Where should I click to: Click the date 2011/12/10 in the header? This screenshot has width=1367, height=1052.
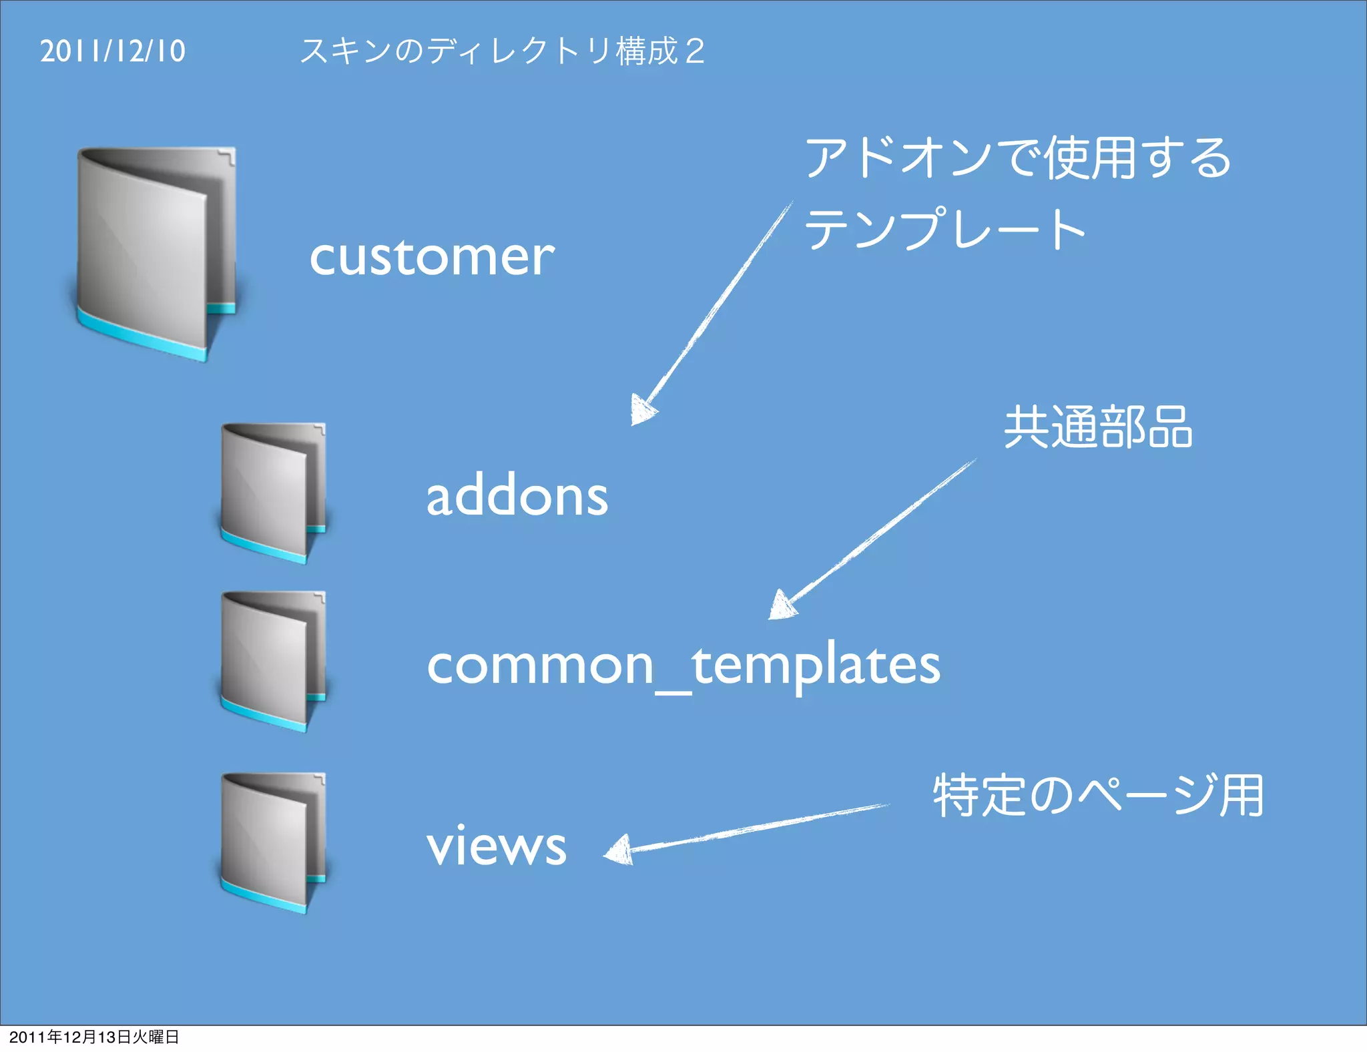click(113, 51)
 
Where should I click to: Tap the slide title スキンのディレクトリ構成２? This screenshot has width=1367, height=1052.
click(502, 51)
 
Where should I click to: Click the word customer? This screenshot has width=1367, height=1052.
click(432, 257)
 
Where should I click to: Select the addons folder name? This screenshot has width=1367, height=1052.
click(517, 497)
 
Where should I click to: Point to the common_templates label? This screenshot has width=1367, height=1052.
click(683, 666)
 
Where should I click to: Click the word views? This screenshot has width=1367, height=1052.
click(497, 846)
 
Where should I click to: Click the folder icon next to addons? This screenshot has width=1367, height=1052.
click(273, 493)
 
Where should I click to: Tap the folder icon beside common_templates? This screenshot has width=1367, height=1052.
click(273, 662)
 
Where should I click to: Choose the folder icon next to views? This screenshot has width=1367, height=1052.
click(273, 843)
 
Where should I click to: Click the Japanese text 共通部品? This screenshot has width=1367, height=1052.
click(1098, 427)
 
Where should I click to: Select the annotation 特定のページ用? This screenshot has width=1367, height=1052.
click(1098, 796)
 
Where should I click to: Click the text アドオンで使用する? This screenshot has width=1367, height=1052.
click(1018, 158)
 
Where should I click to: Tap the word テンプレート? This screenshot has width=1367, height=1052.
click(944, 228)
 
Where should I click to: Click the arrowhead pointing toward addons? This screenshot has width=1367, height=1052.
click(641, 410)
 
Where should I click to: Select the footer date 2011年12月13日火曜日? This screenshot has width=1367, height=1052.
click(94, 1037)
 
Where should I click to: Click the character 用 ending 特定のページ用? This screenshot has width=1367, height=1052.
click(1241, 796)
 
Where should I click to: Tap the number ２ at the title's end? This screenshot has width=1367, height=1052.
click(695, 51)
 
